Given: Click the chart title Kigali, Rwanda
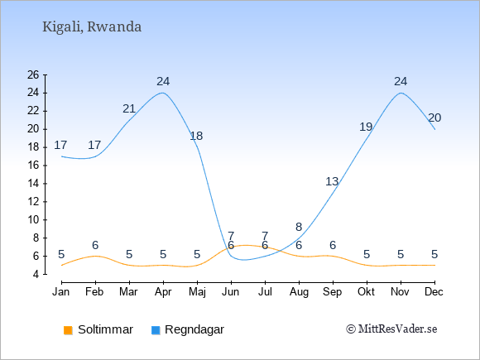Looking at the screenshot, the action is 92,27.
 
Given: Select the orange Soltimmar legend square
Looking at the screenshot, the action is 68,330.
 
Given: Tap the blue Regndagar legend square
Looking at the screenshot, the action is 156,330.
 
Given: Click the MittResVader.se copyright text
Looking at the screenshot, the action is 391,329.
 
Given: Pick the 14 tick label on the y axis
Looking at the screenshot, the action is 33,184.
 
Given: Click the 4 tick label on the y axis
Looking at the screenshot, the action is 36,274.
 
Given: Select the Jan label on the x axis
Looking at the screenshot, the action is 60,292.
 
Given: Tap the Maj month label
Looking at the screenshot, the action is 197,292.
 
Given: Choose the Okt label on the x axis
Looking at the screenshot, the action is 366,292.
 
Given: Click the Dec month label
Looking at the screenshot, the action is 434,292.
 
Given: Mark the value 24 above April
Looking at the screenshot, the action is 163,81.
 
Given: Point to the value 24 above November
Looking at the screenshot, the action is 401,81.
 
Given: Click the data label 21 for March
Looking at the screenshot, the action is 129,108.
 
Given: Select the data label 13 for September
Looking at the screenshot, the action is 332,181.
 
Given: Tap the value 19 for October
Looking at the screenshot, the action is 366,127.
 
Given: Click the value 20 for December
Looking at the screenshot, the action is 434,118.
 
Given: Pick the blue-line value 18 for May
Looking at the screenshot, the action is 196,136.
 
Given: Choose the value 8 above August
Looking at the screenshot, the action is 299,227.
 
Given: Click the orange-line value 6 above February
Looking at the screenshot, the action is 95,245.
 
